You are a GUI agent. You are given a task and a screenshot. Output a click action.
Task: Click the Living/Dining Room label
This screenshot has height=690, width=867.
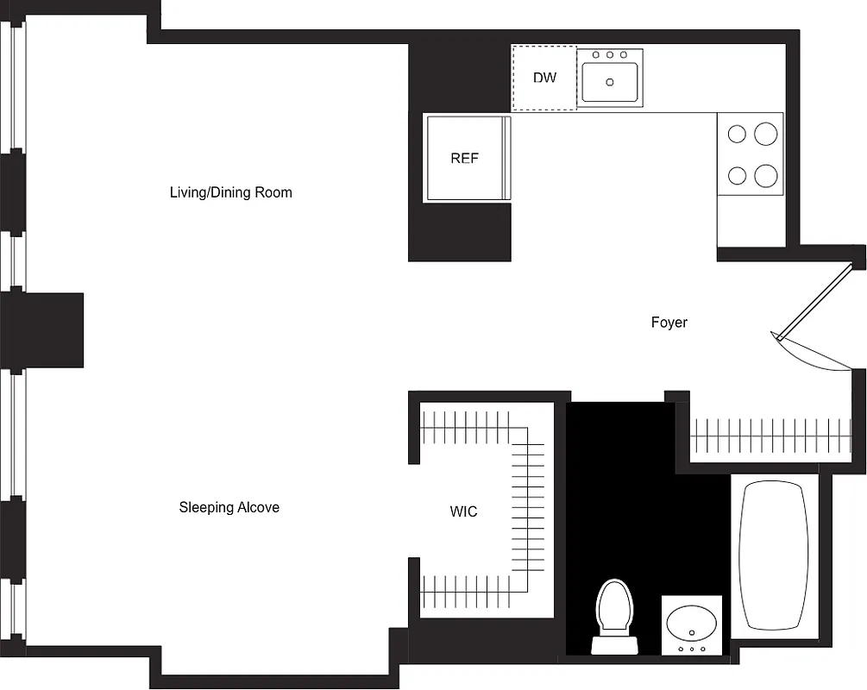click(230, 192)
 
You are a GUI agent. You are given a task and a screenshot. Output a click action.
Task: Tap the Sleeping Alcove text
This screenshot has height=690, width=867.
click(229, 507)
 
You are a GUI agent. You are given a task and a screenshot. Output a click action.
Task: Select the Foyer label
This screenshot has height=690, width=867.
click(669, 323)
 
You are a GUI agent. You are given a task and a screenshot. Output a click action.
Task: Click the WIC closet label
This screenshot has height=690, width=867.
click(463, 511)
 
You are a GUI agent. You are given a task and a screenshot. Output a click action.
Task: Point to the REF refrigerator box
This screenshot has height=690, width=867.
click(464, 159)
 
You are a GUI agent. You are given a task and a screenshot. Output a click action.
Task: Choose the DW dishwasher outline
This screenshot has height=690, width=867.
click(543, 78)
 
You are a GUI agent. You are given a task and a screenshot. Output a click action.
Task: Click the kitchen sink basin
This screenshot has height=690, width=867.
click(611, 83)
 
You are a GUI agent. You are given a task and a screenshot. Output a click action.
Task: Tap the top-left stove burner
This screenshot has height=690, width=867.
click(737, 134)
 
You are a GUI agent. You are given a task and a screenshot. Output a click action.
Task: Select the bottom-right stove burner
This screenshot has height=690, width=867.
click(766, 176)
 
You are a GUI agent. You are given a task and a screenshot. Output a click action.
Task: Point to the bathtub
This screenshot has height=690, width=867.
click(775, 555)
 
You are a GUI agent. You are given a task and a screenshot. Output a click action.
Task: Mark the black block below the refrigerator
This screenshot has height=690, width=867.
click(459, 231)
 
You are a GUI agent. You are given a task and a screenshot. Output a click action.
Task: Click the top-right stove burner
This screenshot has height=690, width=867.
click(766, 134)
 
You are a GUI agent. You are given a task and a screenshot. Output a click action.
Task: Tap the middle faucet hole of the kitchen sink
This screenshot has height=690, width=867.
click(610, 55)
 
